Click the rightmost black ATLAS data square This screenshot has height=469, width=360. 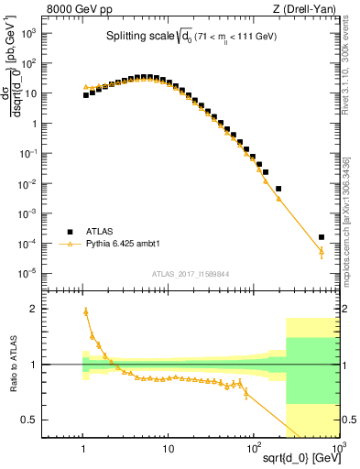pyautogui.click(x=322, y=237)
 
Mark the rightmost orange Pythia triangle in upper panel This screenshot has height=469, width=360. pyautogui.click(x=322, y=251)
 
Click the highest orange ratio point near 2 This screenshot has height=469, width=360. pyautogui.click(x=86, y=311)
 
